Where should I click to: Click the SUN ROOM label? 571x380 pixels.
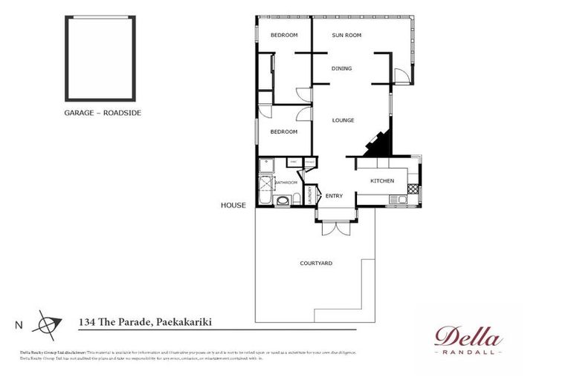point(346,35)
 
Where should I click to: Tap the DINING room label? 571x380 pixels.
point(342,68)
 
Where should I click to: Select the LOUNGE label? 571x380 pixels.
point(343,120)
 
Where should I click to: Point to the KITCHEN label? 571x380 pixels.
point(382,181)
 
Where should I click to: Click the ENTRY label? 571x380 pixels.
point(334,196)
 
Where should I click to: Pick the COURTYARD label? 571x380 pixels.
point(315,263)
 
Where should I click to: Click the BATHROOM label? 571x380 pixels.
point(287,183)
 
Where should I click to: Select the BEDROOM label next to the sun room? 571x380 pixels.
point(283,35)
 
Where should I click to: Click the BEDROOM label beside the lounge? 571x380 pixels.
point(283,131)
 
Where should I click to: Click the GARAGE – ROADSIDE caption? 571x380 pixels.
point(103,113)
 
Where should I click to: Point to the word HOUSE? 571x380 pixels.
point(233,206)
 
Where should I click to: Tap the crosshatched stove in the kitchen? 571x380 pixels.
point(413,190)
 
